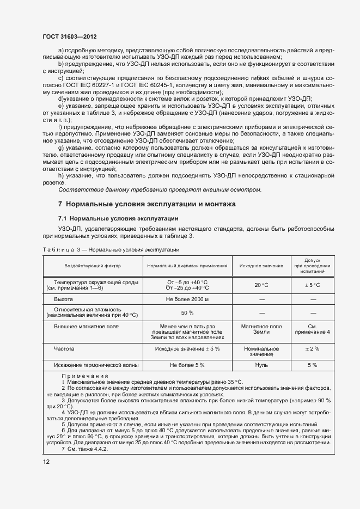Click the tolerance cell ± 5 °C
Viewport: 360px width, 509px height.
tap(312, 285)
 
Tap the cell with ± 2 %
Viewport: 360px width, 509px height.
tap(312, 348)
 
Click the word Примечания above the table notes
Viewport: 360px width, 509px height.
tap(84, 377)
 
